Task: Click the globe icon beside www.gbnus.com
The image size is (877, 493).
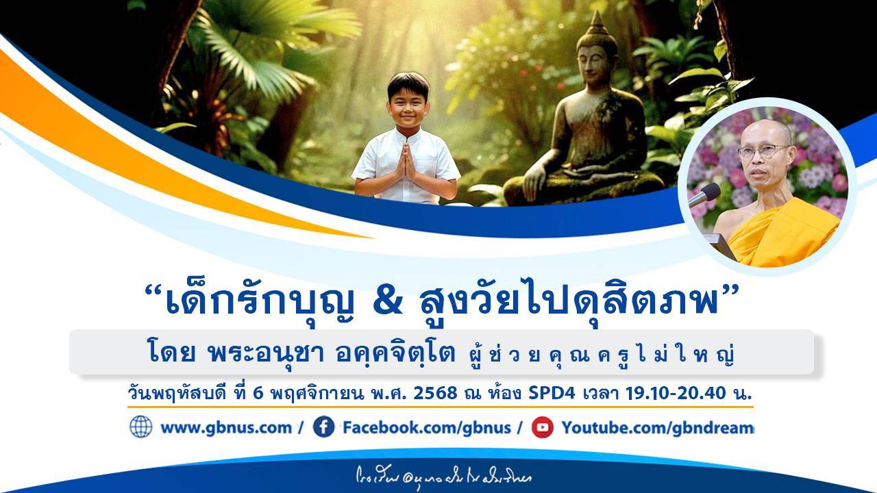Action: point(141,427)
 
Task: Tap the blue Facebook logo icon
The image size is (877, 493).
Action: point(323,427)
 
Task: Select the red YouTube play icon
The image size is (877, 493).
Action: point(542,427)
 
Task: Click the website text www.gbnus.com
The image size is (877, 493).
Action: point(225,428)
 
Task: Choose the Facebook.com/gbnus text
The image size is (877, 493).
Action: point(426,428)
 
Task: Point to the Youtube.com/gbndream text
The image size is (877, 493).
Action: point(657,428)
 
